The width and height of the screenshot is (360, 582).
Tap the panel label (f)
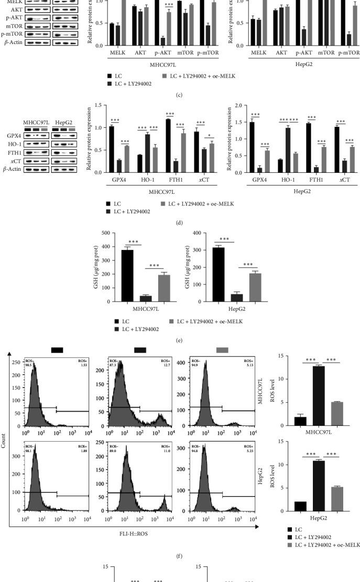pos(180,548)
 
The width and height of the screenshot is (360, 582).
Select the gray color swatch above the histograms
pos(222,350)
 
